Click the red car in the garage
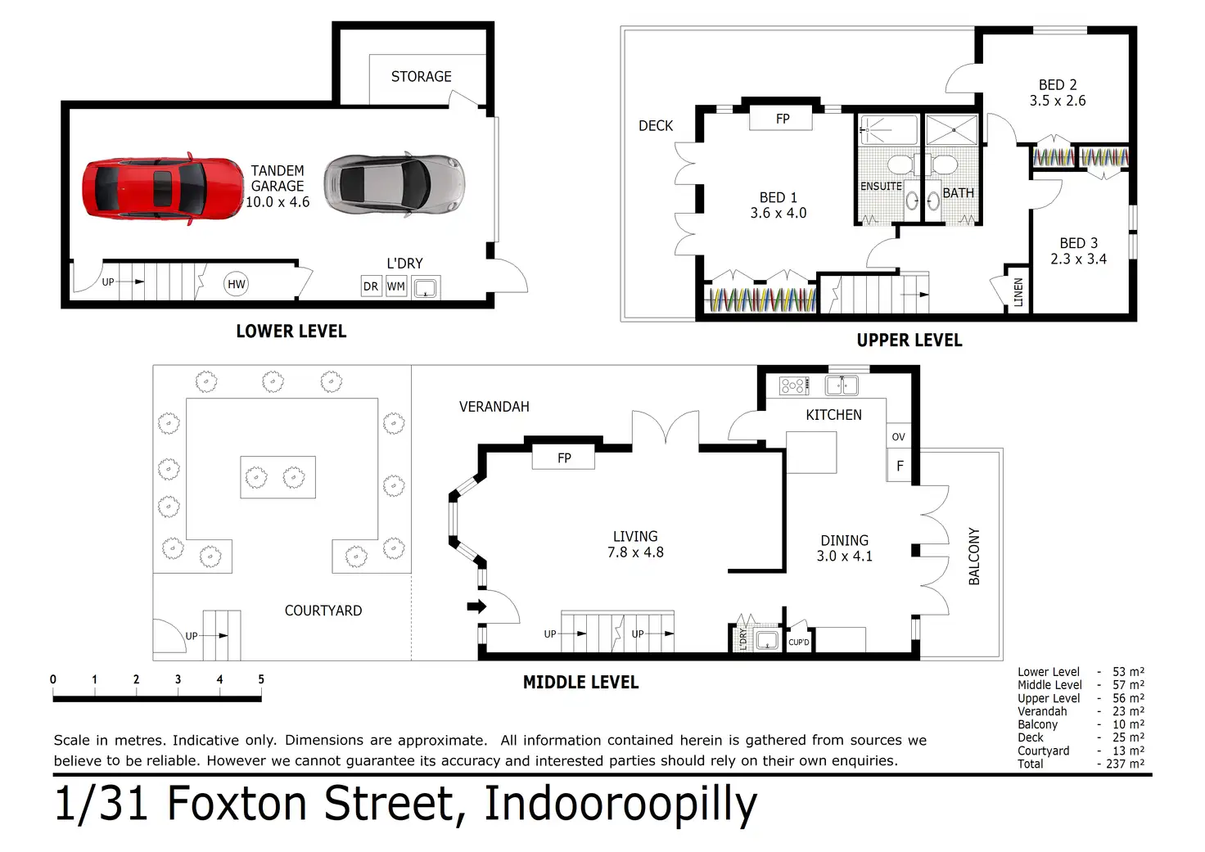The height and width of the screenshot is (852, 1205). (x=162, y=188)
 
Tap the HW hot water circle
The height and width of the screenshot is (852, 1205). (x=236, y=284)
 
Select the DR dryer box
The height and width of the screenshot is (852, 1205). (x=371, y=286)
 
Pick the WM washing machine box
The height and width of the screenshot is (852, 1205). (x=396, y=286)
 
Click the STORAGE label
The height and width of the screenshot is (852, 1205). (x=422, y=76)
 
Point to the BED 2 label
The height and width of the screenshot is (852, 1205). (x=1058, y=84)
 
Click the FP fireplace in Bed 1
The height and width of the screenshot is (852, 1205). (x=781, y=119)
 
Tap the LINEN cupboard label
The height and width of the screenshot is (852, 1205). (x=1018, y=292)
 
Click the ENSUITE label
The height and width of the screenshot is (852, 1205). (x=881, y=186)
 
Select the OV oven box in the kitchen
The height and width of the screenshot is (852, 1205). (x=898, y=437)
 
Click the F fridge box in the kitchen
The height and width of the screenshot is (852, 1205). (x=900, y=465)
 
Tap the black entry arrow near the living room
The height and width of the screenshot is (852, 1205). (x=476, y=606)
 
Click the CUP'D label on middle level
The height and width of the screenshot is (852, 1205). (x=799, y=642)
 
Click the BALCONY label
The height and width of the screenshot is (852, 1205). (x=974, y=557)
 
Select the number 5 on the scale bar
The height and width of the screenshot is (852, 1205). (x=261, y=678)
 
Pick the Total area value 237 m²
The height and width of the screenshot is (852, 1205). (x=1125, y=764)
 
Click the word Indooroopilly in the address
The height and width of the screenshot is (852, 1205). (x=621, y=805)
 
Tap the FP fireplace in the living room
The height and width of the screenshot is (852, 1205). (x=564, y=458)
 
